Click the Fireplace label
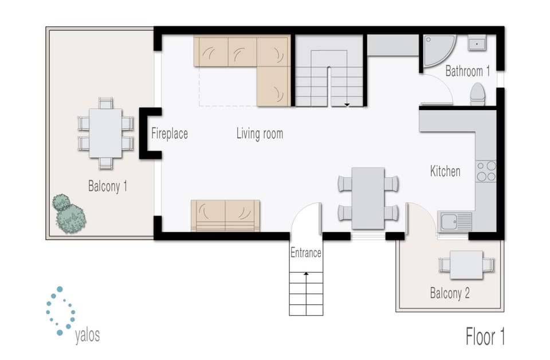[169, 134]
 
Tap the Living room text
[260, 134]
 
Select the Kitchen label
[445, 171]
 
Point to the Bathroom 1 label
[467, 72]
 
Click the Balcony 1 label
[107, 186]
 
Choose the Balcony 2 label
[450, 294]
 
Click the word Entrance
[305, 253]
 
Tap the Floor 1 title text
[485, 336]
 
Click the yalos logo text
[87, 335]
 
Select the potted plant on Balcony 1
[69, 214]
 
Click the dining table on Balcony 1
[105, 133]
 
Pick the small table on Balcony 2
[466, 265]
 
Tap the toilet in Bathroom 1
[477, 95]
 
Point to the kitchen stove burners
[486, 171]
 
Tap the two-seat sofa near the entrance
[225, 215]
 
